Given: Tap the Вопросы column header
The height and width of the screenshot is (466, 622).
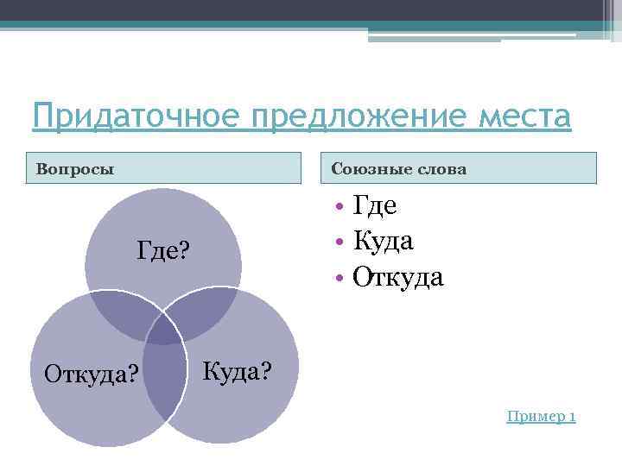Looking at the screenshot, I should click(x=75, y=169).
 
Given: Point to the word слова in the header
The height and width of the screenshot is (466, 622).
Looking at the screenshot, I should click(x=440, y=169).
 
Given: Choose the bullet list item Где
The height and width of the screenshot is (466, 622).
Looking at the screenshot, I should click(x=375, y=205).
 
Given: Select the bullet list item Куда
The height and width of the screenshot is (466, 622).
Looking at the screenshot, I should click(x=383, y=241).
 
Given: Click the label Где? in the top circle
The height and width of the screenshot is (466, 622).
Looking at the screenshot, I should click(x=163, y=251).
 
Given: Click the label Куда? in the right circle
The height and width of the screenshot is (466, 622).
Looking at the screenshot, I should click(x=238, y=372).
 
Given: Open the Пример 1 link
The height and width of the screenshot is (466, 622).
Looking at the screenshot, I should click(x=541, y=418).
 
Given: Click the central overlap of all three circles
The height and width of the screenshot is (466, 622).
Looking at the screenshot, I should click(x=165, y=329).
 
